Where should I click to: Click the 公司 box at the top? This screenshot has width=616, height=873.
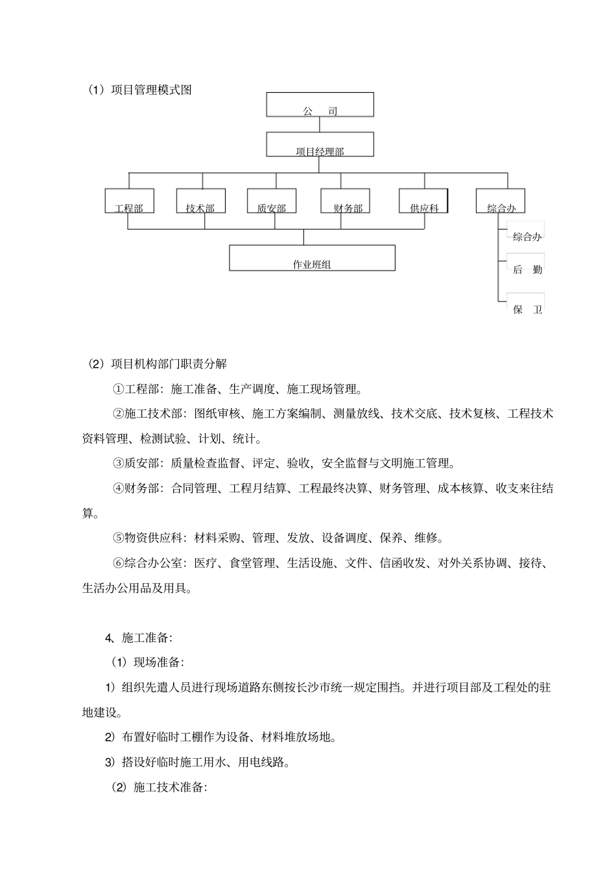pyautogui.click(x=320, y=104)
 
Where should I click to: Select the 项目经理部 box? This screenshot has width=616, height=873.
pyautogui.click(x=320, y=145)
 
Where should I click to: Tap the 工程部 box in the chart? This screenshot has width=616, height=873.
pyautogui.click(x=129, y=201)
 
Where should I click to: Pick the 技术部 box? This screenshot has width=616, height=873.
pyautogui.click(x=200, y=201)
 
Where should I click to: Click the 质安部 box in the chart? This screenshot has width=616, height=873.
pyautogui.click(x=272, y=201)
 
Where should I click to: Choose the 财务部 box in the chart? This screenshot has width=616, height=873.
pyautogui.click(x=345, y=201)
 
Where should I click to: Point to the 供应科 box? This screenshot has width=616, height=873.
pyautogui.click(x=424, y=201)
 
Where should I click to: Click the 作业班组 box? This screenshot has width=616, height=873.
pyautogui.click(x=312, y=258)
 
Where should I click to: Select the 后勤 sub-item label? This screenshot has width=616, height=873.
pyautogui.click(x=527, y=270)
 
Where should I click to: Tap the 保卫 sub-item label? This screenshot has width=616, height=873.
pyautogui.click(x=527, y=309)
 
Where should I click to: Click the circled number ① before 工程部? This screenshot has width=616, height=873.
pyautogui.click(x=118, y=389)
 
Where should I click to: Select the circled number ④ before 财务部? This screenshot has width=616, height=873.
pyautogui.click(x=118, y=488)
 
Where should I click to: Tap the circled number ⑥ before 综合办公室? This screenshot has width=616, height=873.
pyautogui.click(x=118, y=563)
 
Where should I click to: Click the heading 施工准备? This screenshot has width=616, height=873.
pyautogui.click(x=146, y=638)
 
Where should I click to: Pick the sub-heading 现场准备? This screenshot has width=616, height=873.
pyautogui.click(x=158, y=662)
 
